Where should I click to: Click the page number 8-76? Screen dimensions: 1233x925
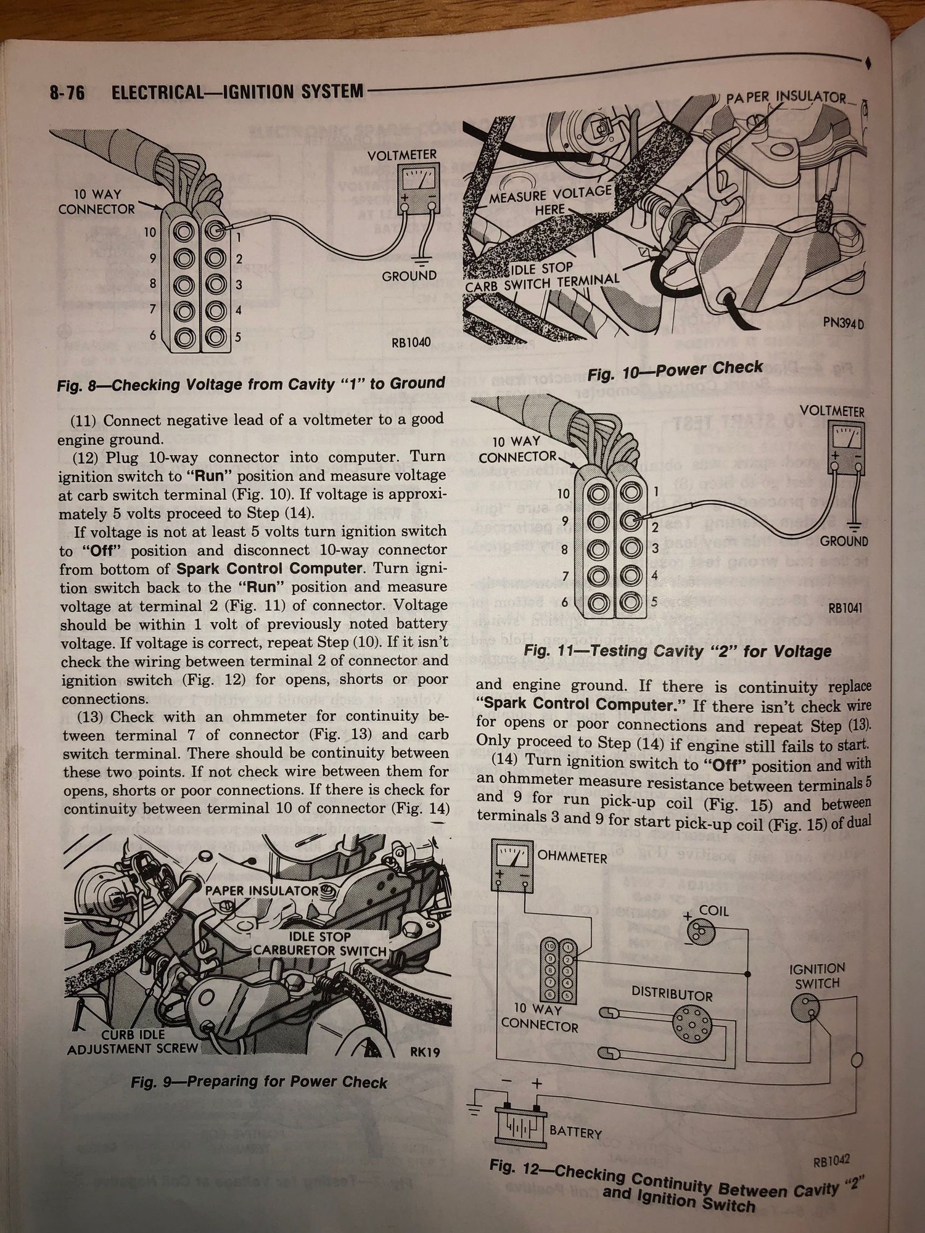[x=67, y=94]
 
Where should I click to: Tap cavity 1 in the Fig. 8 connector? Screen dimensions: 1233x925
[x=215, y=232]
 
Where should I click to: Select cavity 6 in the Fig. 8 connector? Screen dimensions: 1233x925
[x=183, y=337]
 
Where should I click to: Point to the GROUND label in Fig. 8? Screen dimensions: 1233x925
[x=409, y=276]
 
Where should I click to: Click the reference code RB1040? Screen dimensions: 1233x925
[x=411, y=342]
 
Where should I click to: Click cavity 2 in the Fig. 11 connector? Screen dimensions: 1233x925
[x=630, y=522]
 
